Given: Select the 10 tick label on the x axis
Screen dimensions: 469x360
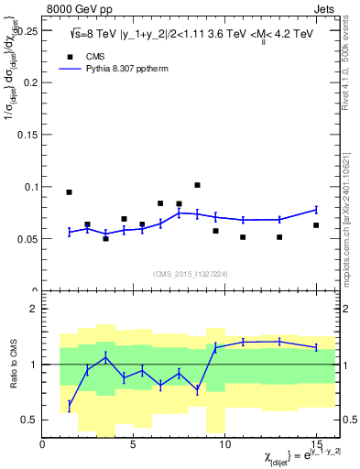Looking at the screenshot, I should coord(225,444).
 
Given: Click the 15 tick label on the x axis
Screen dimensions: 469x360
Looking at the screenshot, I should coord(316,444).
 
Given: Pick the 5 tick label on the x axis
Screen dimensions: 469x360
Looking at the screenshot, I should coord(134,444).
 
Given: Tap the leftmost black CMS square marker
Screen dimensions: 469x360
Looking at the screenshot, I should coord(69,192).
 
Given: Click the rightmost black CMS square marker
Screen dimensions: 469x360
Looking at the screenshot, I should coord(316,225).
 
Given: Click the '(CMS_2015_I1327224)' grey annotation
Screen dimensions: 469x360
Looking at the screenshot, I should coord(190,273).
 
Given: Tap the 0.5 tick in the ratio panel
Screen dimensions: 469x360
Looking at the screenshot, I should coord(32,420).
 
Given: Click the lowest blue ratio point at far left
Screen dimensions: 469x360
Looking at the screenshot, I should coord(70,405).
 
